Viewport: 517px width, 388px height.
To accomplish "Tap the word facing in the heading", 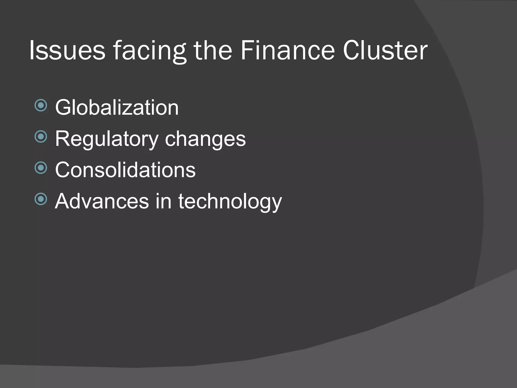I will pyautogui.click(x=149, y=51).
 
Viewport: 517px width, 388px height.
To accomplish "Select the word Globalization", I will pyautogui.click(x=117, y=107).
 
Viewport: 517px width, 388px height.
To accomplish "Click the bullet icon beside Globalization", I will pyautogui.click(x=41, y=105).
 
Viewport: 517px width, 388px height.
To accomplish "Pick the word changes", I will pyautogui.click(x=205, y=139).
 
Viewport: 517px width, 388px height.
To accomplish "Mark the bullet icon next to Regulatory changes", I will pyautogui.click(x=41, y=137).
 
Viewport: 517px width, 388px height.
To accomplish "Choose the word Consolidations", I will pyautogui.click(x=125, y=170).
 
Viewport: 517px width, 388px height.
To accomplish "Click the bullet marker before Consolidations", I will pyautogui.click(x=41, y=168).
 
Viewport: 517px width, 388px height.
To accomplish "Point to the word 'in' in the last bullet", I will pyautogui.click(x=163, y=201).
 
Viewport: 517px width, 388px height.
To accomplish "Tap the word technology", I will pyautogui.click(x=230, y=202).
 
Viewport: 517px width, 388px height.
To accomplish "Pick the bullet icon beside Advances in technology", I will pyautogui.click(x=41, y=199).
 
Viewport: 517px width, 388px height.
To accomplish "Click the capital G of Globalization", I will pyautogui.click(x=63, y=107).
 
